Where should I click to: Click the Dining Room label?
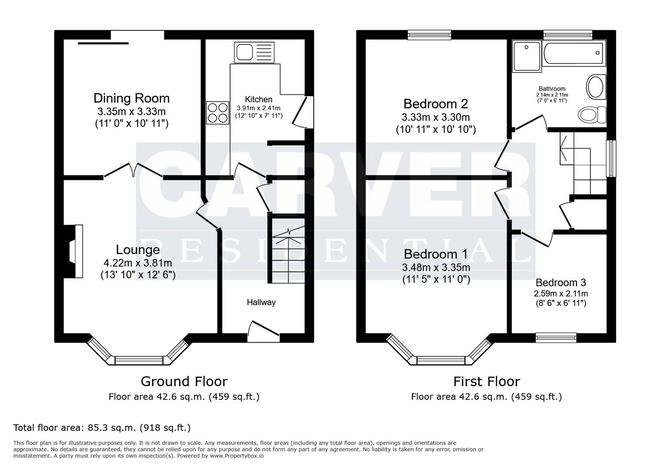(x=132, y=98)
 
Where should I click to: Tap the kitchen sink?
(x=254, y=53)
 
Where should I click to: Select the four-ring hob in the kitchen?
(x=218, y=112)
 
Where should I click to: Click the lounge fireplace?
(x=76, y=251)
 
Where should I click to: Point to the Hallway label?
(x=261, y=302)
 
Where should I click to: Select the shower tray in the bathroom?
(x=527, y=56)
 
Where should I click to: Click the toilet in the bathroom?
(x=592, y=114)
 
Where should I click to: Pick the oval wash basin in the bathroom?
(x=596, y=87)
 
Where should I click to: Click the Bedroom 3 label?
(x=561, y=283)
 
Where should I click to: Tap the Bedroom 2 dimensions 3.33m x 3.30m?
(x=436, y=117)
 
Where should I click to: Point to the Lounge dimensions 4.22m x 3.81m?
(x=138, y=263)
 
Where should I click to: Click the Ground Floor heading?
(x=184, y=382)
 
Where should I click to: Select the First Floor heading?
(x=487, y=382)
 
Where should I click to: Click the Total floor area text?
(x=102, y=428)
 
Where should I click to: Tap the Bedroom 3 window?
(x=556, y=337)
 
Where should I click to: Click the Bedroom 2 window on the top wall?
(x=429, y=35)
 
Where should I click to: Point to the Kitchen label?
(x=259, y=99)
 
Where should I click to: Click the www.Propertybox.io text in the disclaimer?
(x=236, y=456)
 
